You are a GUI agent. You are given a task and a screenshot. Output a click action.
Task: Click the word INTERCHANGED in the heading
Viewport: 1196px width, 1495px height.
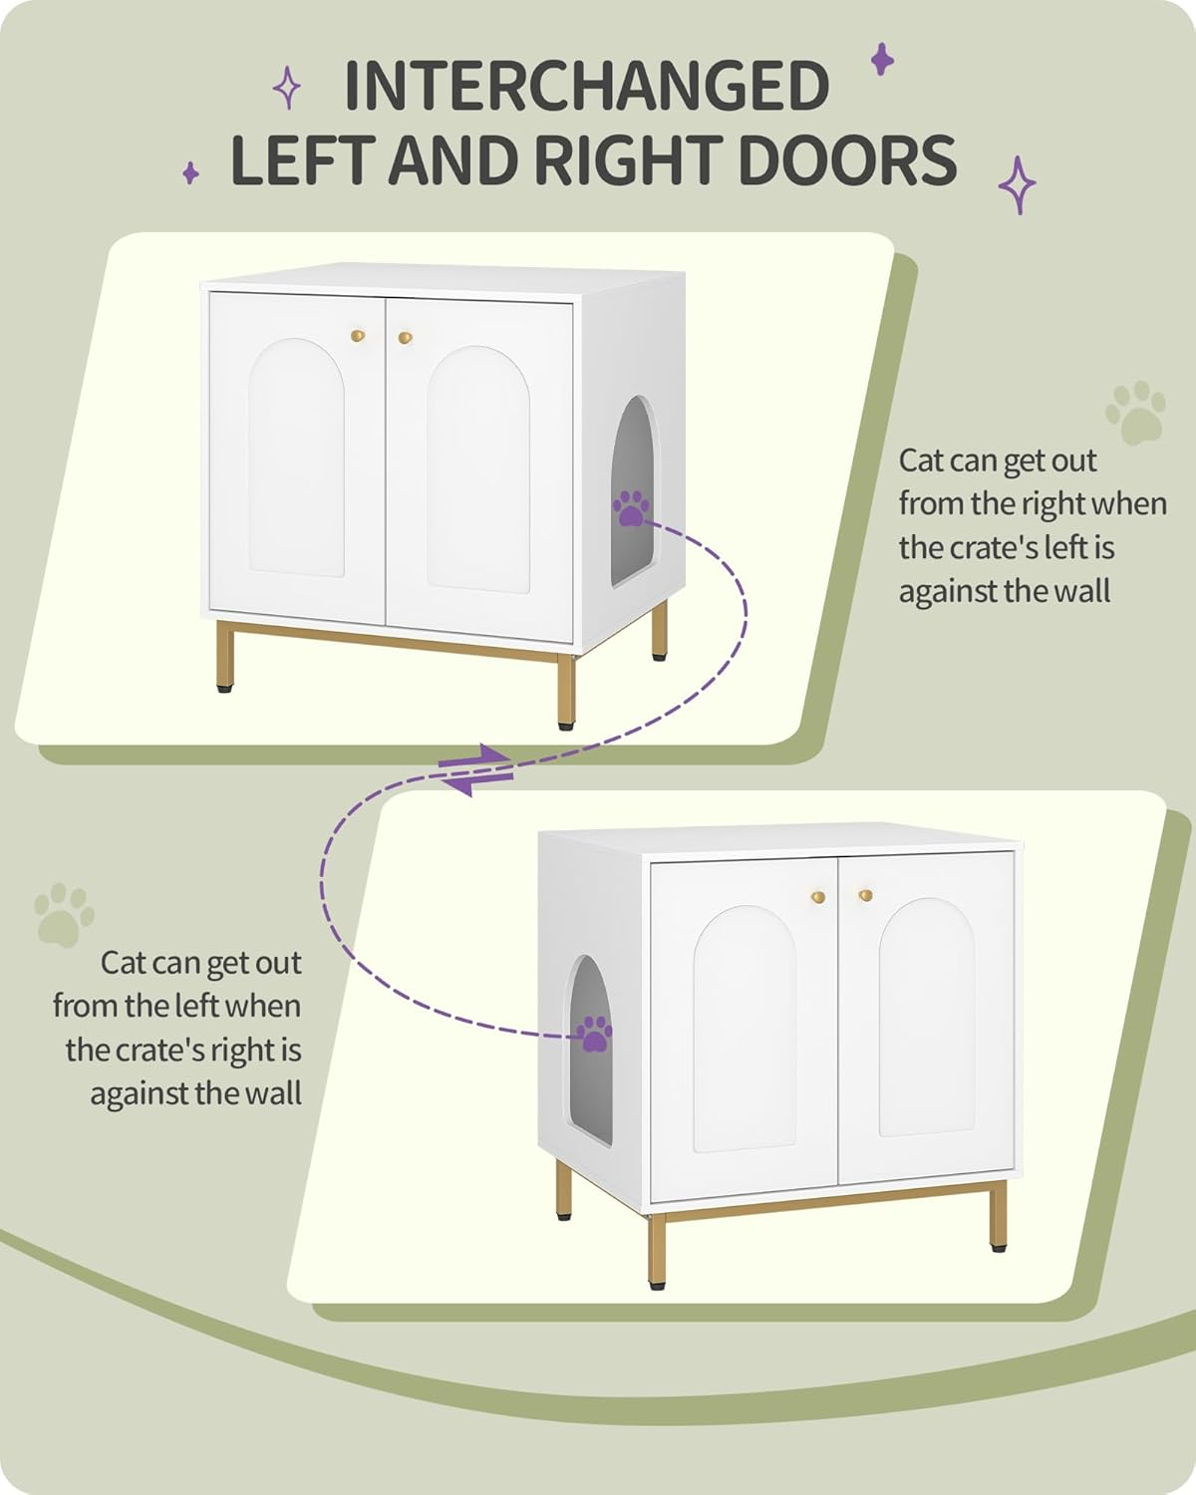(586, 87)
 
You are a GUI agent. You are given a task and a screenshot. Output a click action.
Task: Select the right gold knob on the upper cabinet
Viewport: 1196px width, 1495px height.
(405, 338)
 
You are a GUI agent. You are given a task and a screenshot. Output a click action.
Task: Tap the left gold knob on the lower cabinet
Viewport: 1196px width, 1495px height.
(818, 897)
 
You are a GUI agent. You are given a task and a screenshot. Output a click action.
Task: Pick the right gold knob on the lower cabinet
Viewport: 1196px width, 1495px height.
(864, 895)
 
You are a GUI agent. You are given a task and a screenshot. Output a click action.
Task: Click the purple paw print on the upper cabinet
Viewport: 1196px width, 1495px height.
(630, 507)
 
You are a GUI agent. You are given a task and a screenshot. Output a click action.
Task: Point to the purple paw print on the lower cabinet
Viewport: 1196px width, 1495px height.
(596, 1034)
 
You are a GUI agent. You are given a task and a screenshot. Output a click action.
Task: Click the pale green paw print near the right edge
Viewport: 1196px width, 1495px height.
(1134, 412)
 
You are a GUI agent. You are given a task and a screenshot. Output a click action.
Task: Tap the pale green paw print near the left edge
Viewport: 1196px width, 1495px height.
(65, 913)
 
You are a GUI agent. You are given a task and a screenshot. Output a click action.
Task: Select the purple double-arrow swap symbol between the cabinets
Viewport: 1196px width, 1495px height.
(477, 769)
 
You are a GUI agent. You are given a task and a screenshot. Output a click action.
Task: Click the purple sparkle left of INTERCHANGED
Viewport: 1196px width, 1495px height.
(287, 88)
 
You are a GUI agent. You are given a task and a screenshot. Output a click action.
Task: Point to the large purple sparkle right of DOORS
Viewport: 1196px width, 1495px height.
(1018, 184)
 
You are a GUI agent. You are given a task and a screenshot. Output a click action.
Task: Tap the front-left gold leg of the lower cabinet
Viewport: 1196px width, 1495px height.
(656, 1251)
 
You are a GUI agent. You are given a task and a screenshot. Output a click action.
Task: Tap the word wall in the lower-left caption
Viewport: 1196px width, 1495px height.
(273, 1093)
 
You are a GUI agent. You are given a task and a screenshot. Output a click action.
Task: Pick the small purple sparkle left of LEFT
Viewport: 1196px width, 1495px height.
(190, 173)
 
